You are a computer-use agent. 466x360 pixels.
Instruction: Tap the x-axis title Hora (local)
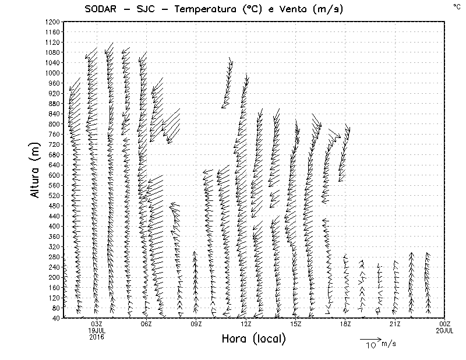[x=253, y=339]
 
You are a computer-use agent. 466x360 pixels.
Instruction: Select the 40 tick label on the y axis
[x=55, y=318]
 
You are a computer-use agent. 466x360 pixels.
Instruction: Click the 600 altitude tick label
[x=54, y=175]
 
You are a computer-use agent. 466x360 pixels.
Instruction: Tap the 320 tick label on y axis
[x=54, y=246]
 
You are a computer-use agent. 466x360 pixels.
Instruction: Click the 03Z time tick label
[x=97, y=324]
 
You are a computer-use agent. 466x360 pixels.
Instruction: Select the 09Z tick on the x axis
[x=196, y=324]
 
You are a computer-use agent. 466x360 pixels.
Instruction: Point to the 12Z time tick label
[x=246, y=324]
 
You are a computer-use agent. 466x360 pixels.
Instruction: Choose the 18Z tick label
[x=345, y=324]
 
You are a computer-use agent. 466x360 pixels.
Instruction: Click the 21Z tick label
[x=395, y=324]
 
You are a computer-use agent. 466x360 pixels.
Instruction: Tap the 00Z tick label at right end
[x=445, y=324]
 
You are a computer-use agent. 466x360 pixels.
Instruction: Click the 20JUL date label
[x=444, y=330]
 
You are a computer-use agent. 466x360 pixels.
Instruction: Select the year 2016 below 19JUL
[x=97, y=336]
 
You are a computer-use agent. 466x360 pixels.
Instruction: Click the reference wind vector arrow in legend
[x=369, y=338]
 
